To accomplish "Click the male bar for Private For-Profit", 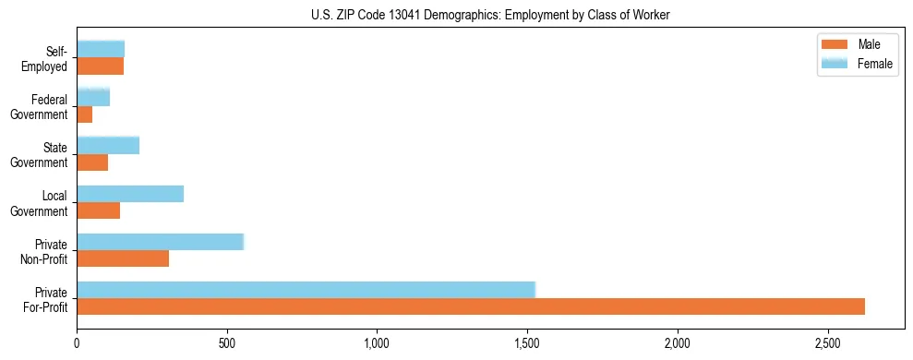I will coord(471,306).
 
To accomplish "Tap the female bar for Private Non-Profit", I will coord(160,242).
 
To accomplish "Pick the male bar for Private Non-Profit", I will coord(123,258).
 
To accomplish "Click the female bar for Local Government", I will coord(130,194).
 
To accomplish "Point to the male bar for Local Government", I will coord(99,210).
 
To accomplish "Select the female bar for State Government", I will coord(108,145).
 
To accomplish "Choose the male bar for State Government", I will coord(92,162).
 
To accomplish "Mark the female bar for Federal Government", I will coord(93,97).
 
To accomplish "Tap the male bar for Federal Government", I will coord(85,114).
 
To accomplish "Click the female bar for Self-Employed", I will coord(101,49).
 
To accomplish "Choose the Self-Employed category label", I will coord(49,58).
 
